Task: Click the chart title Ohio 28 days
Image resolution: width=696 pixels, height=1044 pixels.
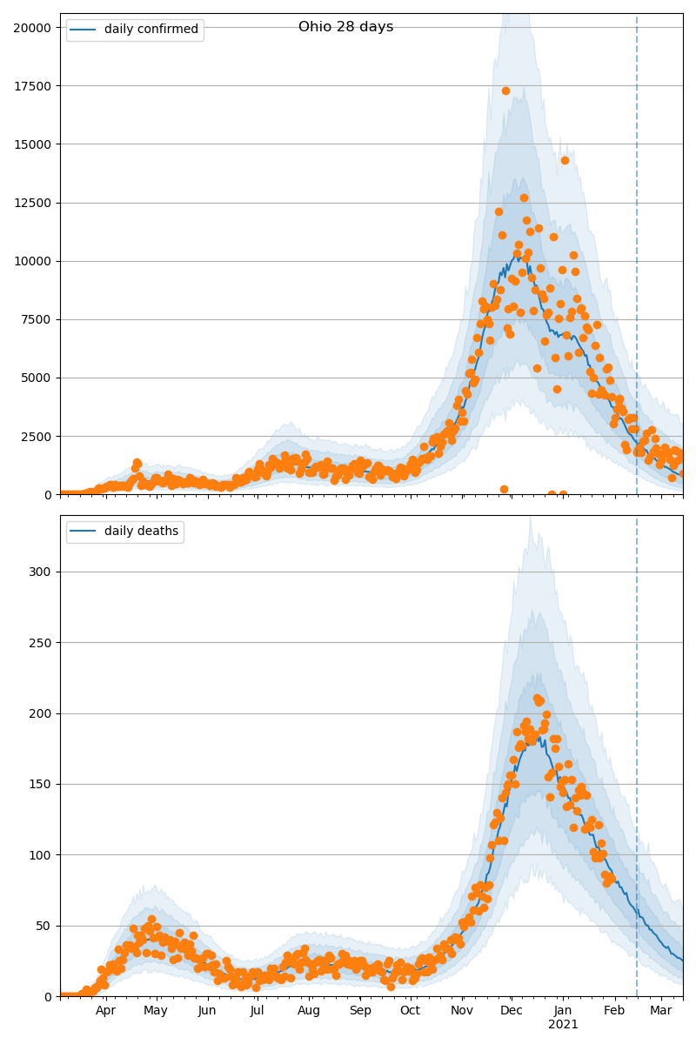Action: pyautogui.click(x=345, y=27)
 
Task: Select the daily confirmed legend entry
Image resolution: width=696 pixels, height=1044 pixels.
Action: pyautogui.click(x=151, y=30)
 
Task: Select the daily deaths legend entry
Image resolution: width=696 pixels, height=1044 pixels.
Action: pyautogui.click(x=141, y=532)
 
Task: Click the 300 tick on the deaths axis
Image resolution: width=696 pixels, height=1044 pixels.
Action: pyautogui.click(x=43, y=572)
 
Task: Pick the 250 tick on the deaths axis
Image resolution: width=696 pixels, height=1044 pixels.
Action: pyautogui.click(x=43, y=643)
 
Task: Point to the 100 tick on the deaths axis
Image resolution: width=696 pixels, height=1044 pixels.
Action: pyautogui.click(x=43, y=855)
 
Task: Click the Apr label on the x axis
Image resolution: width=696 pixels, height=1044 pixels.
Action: pyautogui.click(x=105, y=1011)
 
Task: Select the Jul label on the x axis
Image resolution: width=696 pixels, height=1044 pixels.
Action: pyautogui.click(x=257, y=1011)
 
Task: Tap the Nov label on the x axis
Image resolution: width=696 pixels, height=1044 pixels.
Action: pyautogui.click(x=462, y=1011)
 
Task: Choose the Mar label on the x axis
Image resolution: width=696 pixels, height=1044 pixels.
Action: pyautogui.click(x=660, y=1011)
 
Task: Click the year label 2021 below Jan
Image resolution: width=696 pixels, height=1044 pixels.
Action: pyautogui.click(x=563, y=1025)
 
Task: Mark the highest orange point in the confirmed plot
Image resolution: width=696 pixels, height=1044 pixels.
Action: pyautogui.click(x=505, y=90)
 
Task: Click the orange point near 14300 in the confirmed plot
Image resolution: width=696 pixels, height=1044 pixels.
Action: pyautogui.click(x=565, y=160)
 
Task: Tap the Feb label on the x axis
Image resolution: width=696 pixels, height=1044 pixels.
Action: pyautogui.click(x=614, y=1011)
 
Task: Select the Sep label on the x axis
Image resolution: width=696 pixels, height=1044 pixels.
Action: pyautogui.click(x=360, y=1011)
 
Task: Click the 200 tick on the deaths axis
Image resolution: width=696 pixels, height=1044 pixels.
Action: pyautogui.click(x=43, y=713)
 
